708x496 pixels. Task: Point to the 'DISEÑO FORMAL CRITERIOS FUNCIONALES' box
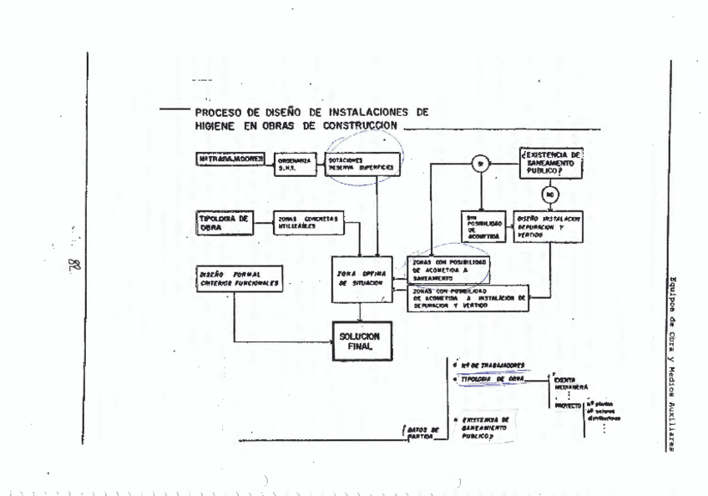pos(235,280)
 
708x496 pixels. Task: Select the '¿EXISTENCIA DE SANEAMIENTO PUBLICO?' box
pos(550,161)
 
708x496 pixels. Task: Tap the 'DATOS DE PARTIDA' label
pos(422,433)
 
